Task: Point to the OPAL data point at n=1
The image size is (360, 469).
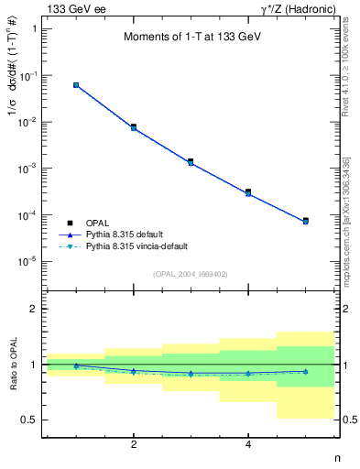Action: (x=76, y=85)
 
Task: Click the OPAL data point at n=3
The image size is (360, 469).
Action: (x=191, y=161)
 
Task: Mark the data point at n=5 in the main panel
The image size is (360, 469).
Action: (x=305, y=221)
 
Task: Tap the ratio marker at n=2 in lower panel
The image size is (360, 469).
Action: (x=134, y=371)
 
